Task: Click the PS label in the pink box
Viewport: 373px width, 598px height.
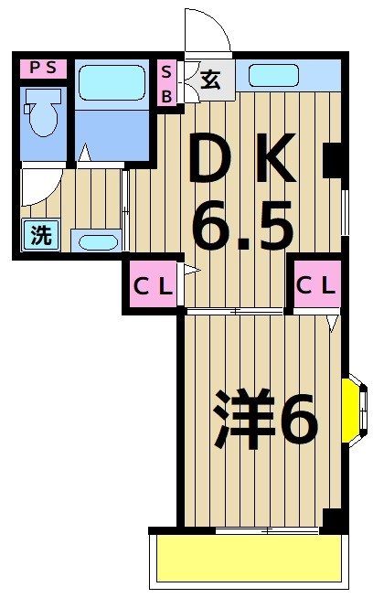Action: [43, 67]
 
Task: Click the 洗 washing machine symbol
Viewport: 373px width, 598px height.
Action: [41, 236]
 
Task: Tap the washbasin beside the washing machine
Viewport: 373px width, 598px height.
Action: [95, 242]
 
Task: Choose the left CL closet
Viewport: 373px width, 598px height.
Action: [153, 284]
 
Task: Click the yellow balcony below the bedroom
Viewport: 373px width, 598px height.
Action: [249, 557]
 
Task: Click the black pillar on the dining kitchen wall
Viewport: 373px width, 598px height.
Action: [334, 159]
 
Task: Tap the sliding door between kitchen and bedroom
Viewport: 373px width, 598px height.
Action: [240, 313]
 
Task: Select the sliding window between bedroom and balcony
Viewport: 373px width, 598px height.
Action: [265, 530]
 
